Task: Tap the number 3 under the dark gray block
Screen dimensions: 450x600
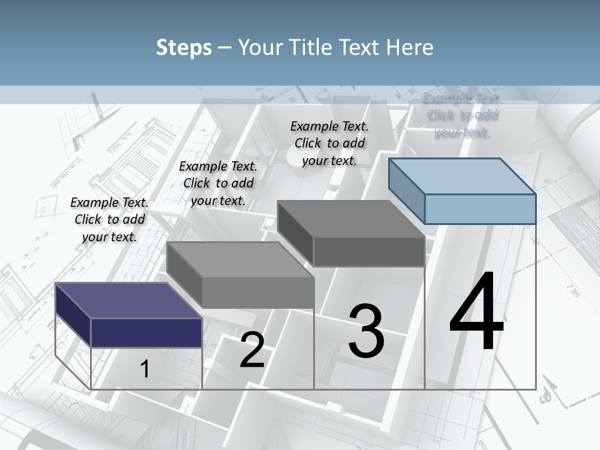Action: (366, 331)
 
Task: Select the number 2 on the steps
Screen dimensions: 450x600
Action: (252, 350)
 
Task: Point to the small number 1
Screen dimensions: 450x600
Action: (144, 369)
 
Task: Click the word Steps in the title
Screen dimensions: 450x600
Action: (184, 47)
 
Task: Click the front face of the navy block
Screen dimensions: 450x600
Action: (146, 332)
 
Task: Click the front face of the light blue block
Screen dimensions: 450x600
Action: (480, 209)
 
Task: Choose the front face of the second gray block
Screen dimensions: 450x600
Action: (257, 292)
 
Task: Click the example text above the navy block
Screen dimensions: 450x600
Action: (109, 219)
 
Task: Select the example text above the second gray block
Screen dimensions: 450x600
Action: (218, 183)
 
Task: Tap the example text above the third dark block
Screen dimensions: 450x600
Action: (329, 143)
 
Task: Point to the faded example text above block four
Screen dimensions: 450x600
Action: (462, 115)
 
